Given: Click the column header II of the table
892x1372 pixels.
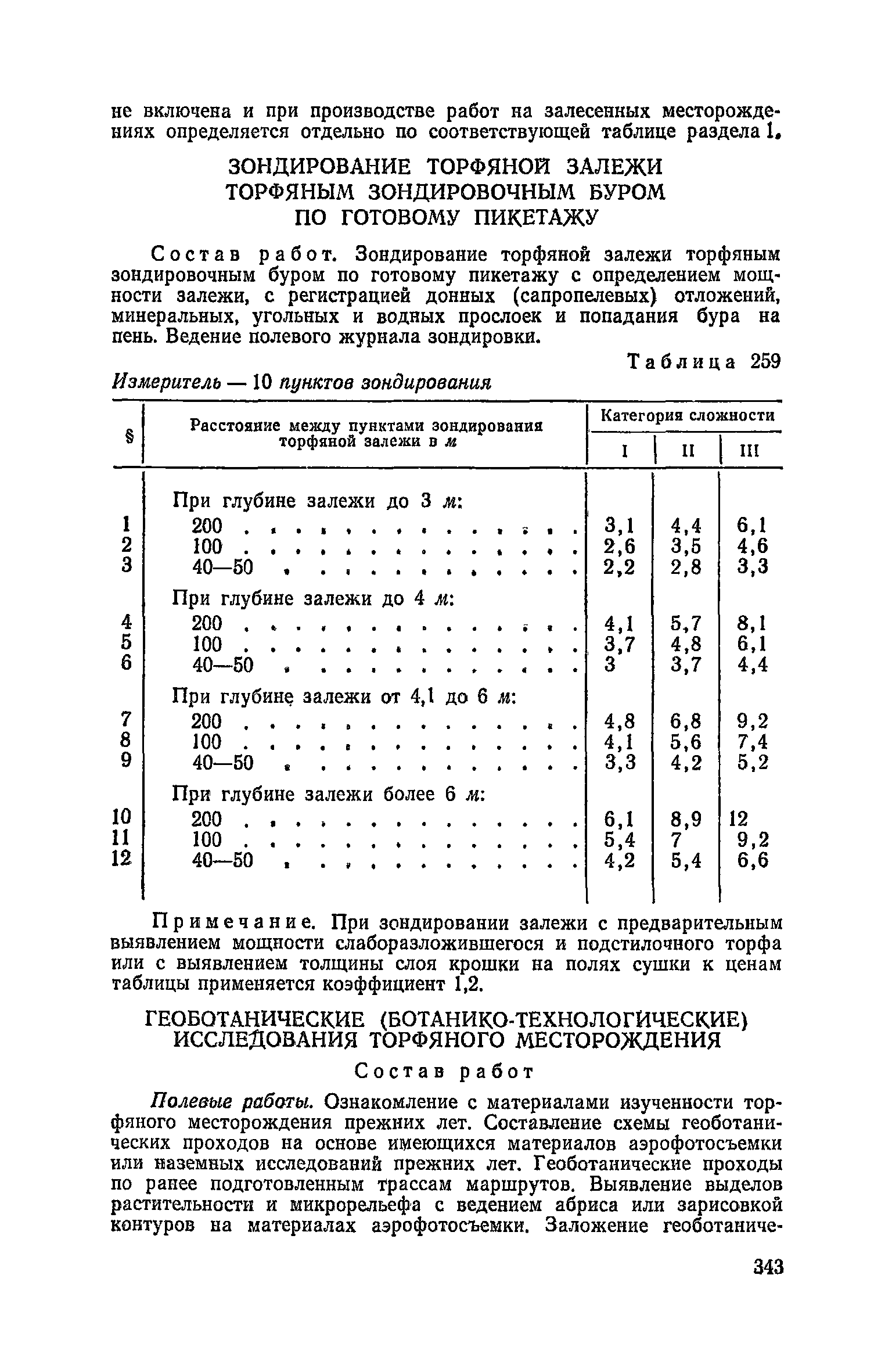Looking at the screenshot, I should [x=688, y=451].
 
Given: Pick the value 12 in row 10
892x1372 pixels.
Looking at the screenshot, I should [x=739, y=820].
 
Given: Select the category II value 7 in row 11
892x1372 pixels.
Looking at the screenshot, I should [x=675, y=840].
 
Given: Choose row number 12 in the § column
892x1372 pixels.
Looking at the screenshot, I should [x=123, y=860].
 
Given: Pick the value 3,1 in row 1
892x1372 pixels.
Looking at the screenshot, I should [x=619, y=526].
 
